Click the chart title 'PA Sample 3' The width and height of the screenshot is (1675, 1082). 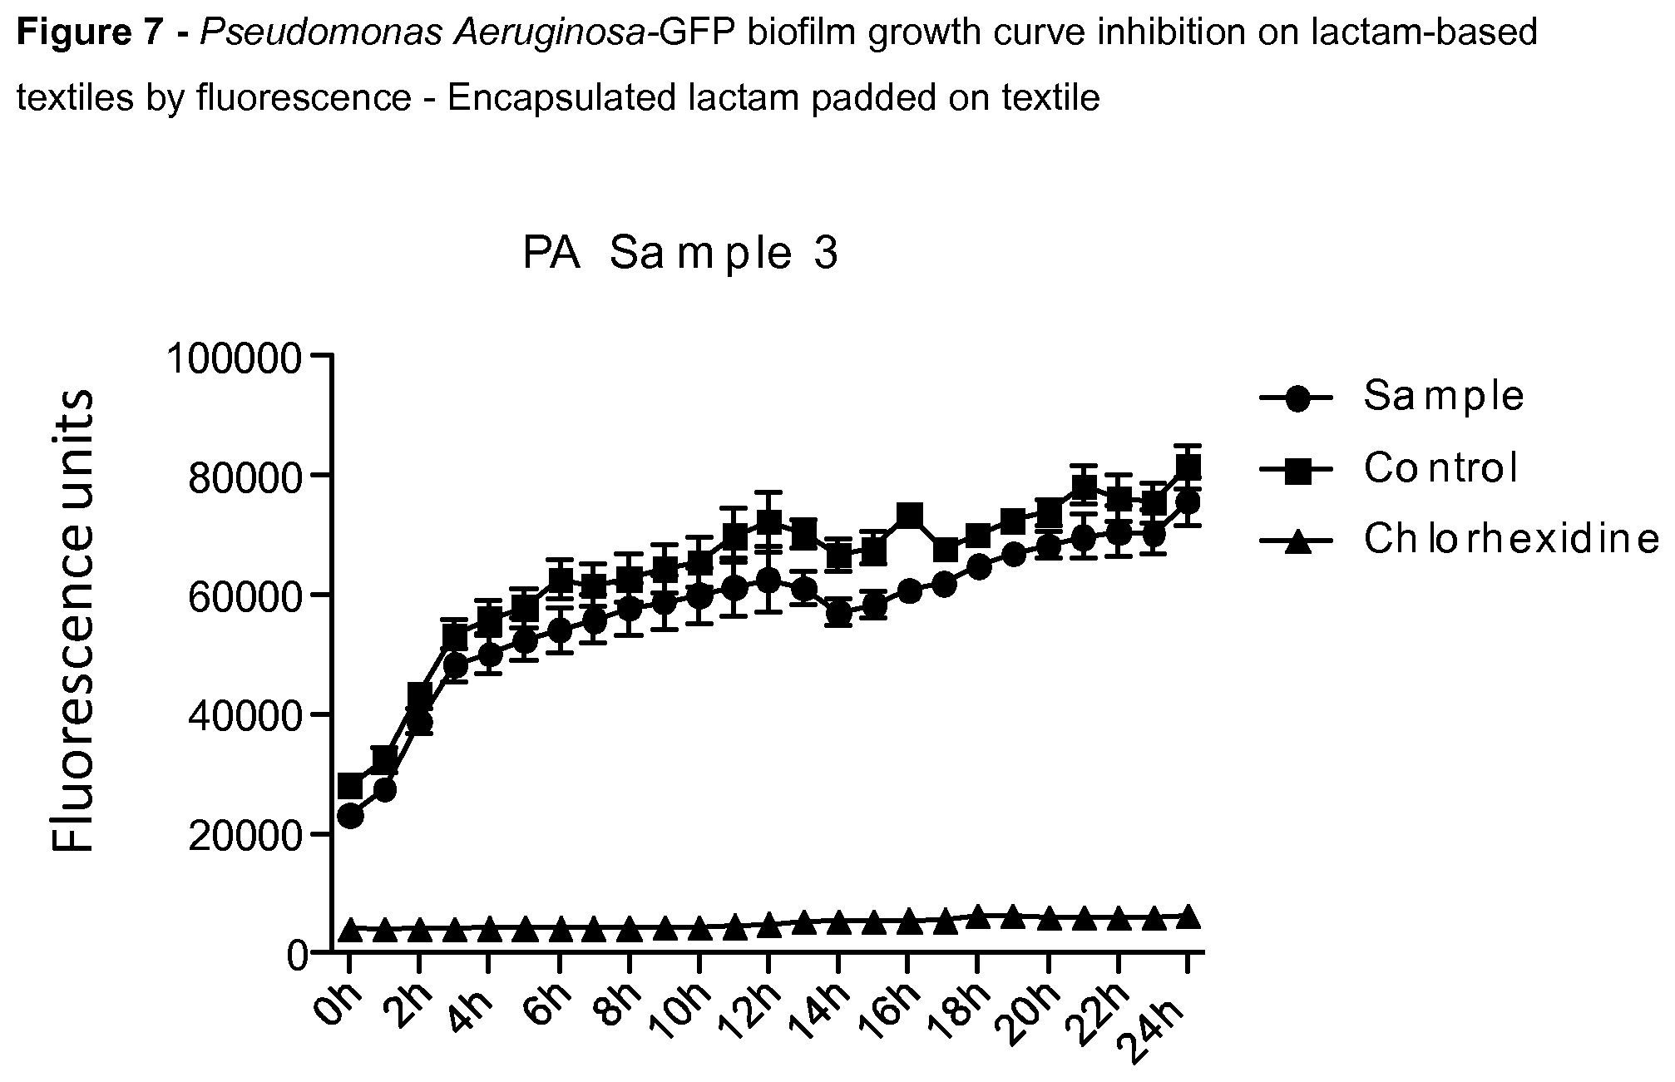(x=680, y=254)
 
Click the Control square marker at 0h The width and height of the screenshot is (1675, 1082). (x=351, y=786)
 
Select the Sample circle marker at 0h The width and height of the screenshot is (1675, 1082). (x=351, y=817)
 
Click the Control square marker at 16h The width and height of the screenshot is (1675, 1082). (x=910, y=516)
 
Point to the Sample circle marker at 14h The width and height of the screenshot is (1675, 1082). (x=840, y=614)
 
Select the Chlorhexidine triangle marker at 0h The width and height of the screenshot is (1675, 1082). (x=351, y=929)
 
